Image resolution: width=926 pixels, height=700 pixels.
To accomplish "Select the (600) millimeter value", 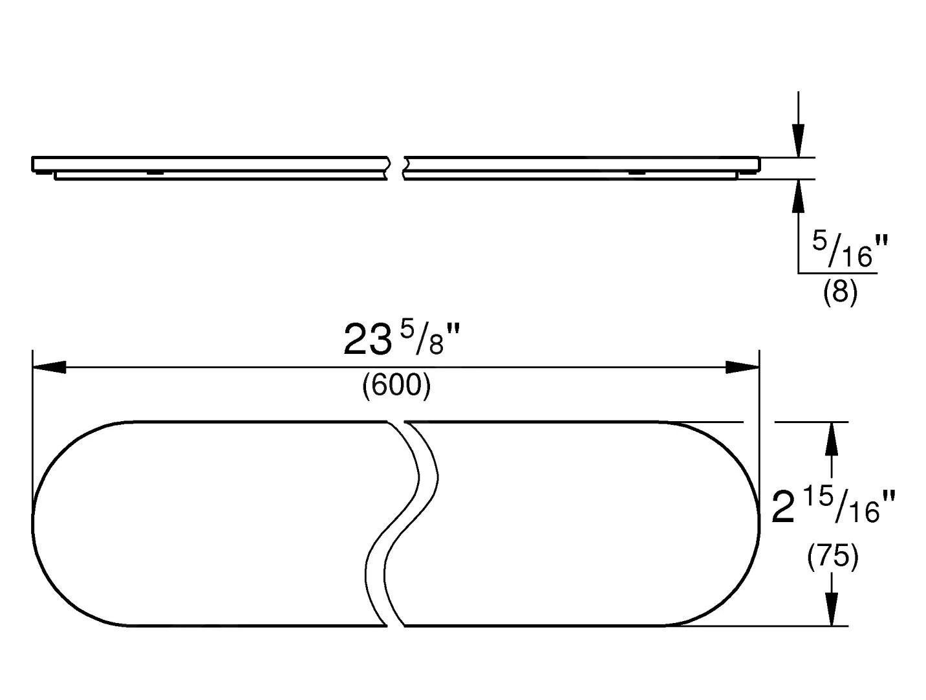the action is coord(396,385).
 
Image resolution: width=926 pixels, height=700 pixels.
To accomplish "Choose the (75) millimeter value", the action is coord(833,556).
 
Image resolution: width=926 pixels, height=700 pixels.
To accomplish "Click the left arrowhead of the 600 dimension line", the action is coord(49,367).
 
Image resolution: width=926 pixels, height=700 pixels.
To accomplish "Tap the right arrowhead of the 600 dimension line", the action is coord(742,367).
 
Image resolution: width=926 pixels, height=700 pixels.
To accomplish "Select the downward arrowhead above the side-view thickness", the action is coord(798,141).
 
